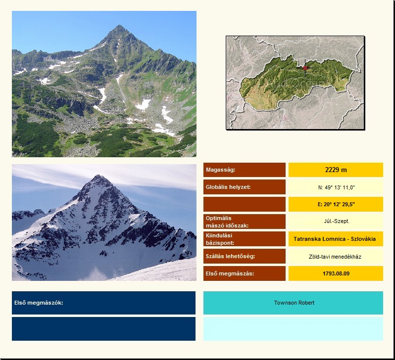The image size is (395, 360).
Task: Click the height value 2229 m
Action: pos(336,170)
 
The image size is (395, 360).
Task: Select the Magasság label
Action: pos(220,170)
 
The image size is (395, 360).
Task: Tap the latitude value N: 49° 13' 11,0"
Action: pos(336,187)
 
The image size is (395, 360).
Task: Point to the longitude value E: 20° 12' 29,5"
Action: pos(336,204)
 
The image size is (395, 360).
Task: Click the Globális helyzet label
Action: pos(228,187)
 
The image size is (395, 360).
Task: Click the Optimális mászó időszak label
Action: pos(227,222)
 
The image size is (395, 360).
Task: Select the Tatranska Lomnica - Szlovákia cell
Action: pos(335,239)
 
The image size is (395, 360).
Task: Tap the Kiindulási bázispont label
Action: pos(219,239)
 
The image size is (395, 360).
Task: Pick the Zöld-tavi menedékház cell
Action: pos(335,257)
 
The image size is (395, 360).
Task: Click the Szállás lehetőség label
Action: pos(231,256)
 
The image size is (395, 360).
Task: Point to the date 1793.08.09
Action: pos(336,273)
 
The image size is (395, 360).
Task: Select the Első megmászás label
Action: pos(230,273)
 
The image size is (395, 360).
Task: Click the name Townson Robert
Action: pos(294,303)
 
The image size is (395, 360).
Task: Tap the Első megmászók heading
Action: pos(39,303)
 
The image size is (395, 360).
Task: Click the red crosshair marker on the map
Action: pos(305,68)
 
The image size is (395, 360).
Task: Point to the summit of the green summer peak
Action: pos(119,25)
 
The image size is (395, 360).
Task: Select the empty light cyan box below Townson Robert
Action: pos(293,329)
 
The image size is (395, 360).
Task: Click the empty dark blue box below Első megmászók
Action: pos(103,329)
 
